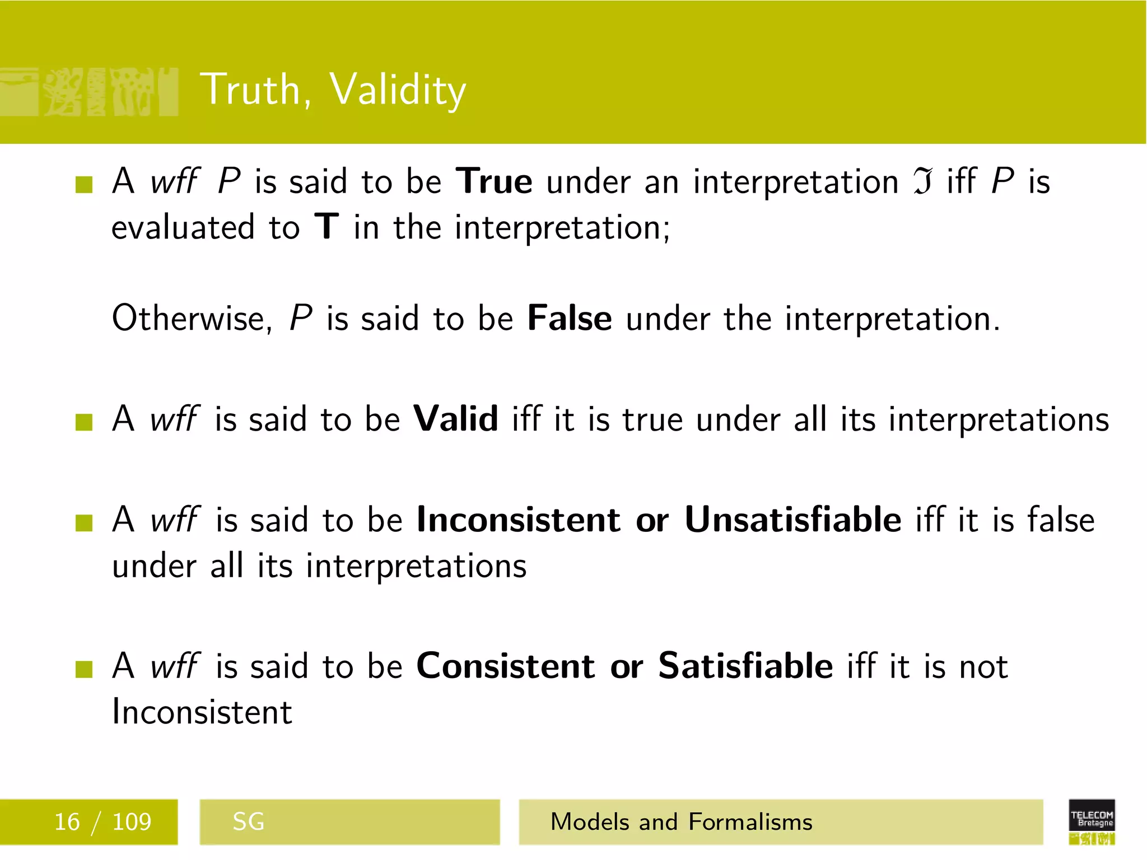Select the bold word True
(494, 182)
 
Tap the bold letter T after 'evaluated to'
(327, 227)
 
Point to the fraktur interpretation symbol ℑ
(922, 183)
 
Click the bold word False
(570, 319)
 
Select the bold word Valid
(455, 419)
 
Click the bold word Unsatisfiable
(792, 520)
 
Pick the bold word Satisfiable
(745, 666)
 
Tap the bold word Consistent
(505, 666)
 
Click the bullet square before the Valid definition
(84, 422)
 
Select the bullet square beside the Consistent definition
(84, 669)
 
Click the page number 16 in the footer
(67, 822)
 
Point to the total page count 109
(132, 822)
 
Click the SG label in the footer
(248, 822)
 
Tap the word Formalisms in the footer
(750, 822)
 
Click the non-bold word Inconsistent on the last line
(202, 712)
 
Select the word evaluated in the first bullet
(183, 228)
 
